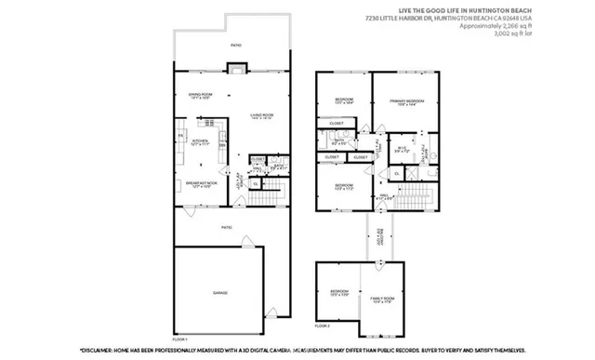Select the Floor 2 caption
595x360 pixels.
(x=323, y=326)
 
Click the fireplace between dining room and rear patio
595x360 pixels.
(x=239, y=68)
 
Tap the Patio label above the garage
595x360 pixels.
(x=225, y=227)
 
